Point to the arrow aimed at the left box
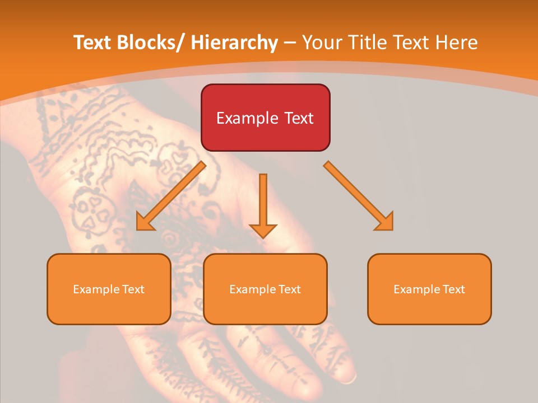coord(170,196)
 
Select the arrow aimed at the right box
coord(359,196)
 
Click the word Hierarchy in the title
coord(234,43)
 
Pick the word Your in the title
coord(323,43)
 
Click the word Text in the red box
coord(298,118)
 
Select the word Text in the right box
coord(453,289)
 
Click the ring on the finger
coord(349,378)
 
